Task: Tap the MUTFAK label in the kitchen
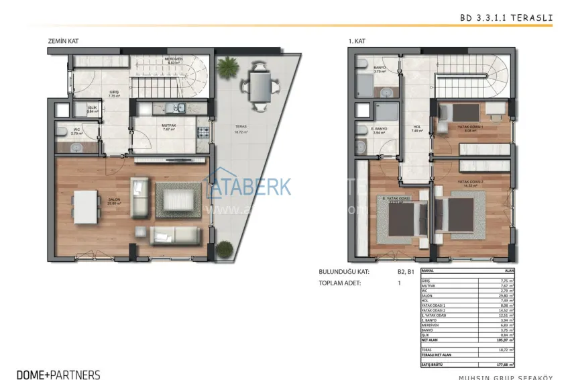168,126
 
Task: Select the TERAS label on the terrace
240,127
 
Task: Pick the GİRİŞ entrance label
114,93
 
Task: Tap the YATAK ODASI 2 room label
471,181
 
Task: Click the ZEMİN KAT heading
63,41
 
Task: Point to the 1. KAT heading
355,41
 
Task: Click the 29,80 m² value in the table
506,295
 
